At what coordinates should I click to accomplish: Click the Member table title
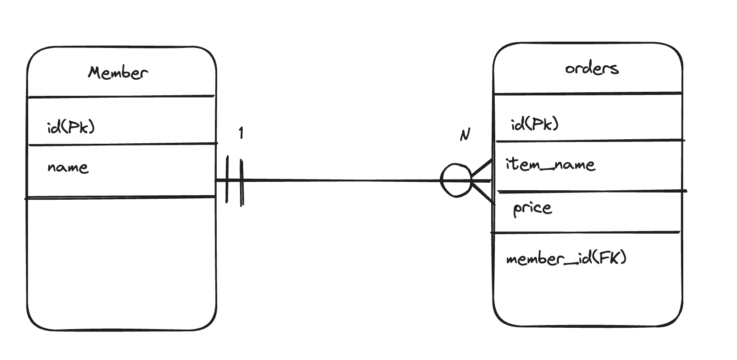tap(118, 73)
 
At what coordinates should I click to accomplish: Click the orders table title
tap(591, 69)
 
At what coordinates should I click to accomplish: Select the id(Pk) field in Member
tap(71, 128)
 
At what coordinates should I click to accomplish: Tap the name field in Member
tap(68, 167)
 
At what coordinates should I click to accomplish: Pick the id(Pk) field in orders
tap(535, 124)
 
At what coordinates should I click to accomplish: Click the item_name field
tap(550, 165)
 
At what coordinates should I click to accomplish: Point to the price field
tap(532, 208)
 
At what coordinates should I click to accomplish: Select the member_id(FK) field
tap(566, 259)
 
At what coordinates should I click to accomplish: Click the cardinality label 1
tap(241, 133)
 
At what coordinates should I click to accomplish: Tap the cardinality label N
tap(465, 134)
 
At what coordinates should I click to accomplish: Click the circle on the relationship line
tap(456, 180)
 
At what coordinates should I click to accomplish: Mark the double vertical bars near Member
tap(235, 180)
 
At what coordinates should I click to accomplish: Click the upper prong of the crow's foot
tap(482, 168)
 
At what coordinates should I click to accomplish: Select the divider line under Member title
tap(121, 96)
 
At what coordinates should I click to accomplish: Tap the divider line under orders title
tap(587, 94)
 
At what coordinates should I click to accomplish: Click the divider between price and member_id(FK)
tap(586, 232)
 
